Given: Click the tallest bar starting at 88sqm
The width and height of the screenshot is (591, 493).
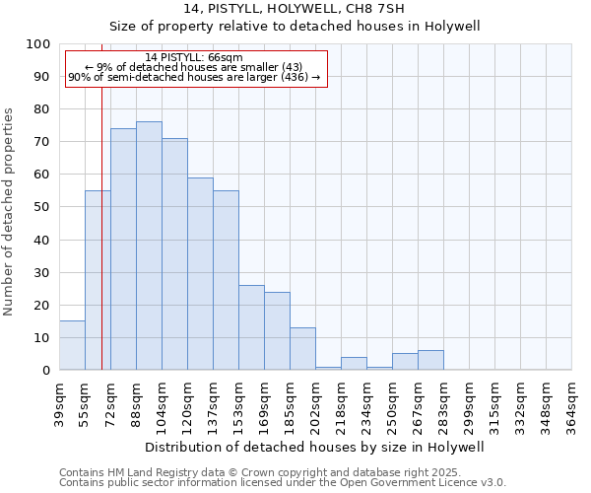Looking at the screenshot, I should [149, 246].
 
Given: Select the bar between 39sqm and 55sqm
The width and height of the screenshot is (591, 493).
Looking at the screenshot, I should [72, 345].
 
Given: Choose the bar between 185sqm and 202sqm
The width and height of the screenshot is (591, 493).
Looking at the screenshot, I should [302, 349].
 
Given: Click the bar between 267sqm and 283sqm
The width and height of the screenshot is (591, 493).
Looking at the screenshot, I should [430, 360].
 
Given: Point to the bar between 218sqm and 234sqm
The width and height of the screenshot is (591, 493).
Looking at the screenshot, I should [354, 364].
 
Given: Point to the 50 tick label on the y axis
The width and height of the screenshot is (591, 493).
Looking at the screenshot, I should [41, 207].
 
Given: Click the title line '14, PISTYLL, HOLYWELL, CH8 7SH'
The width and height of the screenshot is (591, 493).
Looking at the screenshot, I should [295, 9].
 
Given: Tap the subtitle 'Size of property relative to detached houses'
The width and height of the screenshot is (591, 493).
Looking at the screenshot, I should [295, 26].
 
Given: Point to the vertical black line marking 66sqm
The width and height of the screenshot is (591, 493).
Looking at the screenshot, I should [101, 246].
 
